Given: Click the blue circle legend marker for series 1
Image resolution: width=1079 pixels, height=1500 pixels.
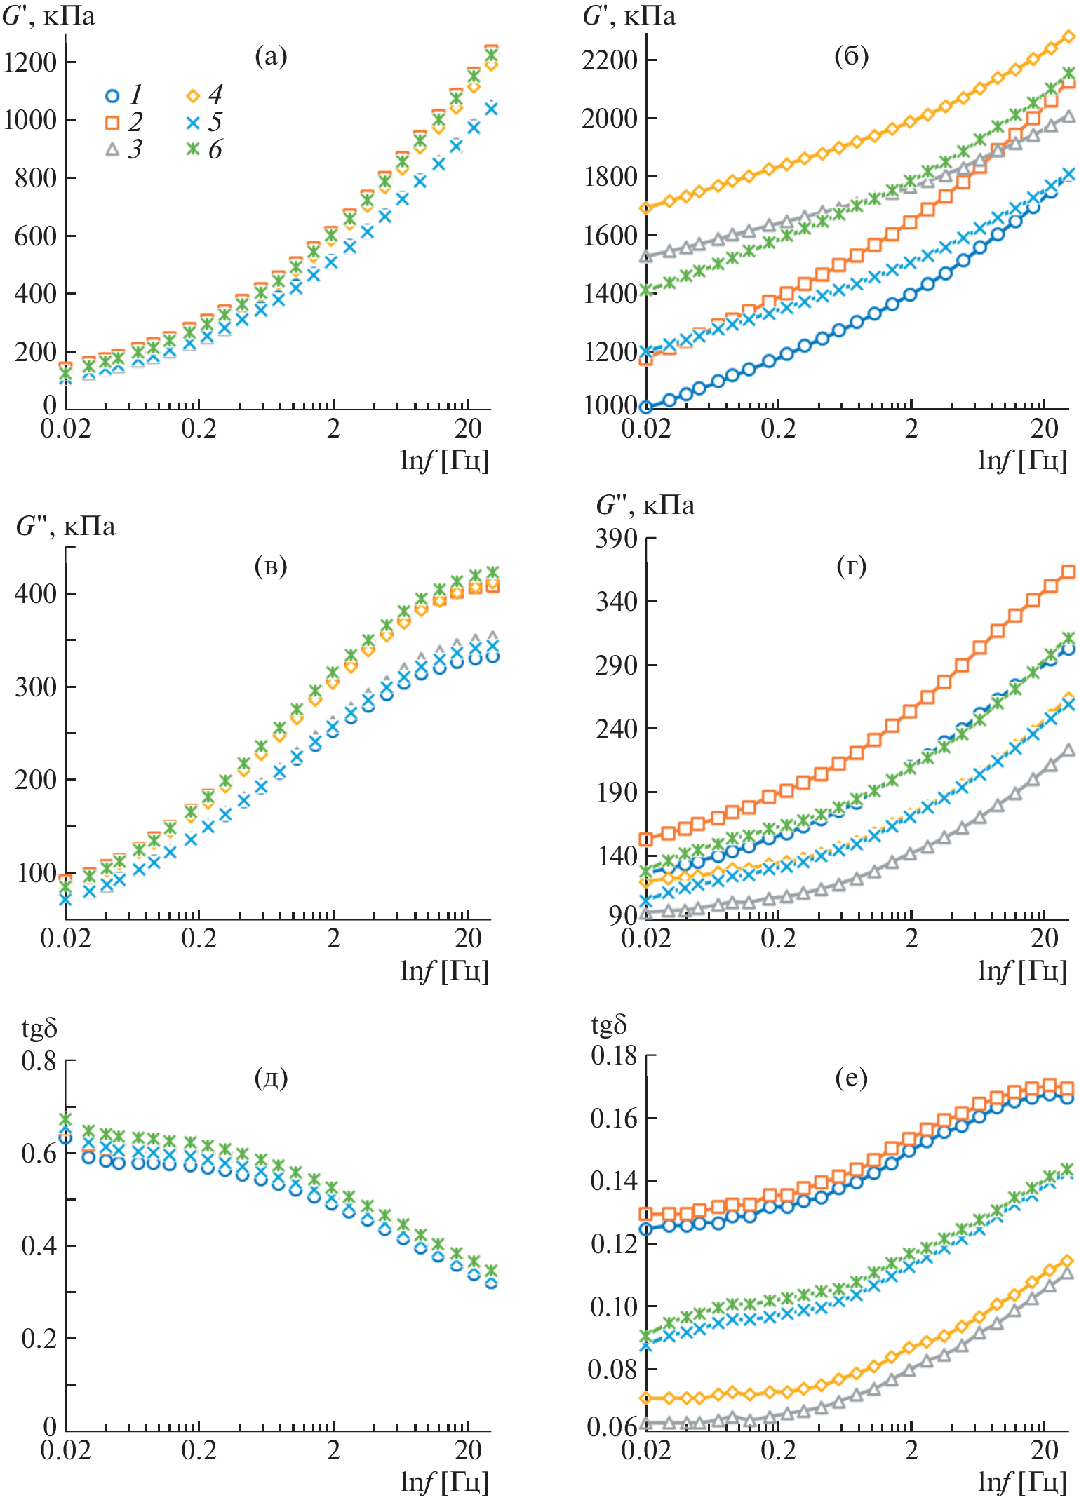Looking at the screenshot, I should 112,95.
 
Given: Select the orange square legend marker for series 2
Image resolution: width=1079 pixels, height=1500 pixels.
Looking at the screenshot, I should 112,123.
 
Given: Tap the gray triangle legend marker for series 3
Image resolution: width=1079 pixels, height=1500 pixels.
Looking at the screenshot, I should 112,149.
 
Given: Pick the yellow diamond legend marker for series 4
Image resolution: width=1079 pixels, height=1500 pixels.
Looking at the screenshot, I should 194,95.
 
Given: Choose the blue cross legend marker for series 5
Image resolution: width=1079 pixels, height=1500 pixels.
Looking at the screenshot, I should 194,123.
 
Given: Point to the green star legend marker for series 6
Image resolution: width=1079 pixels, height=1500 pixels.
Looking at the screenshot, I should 194,149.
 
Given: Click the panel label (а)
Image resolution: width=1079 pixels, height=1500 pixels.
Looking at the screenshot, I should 271,56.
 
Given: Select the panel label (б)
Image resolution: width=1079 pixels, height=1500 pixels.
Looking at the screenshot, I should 851,56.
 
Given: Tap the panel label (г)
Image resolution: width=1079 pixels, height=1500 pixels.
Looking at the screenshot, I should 851,565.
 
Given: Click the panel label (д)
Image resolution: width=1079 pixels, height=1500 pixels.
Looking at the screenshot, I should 271,1077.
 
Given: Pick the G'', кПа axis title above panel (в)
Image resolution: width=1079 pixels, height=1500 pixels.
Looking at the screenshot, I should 65,526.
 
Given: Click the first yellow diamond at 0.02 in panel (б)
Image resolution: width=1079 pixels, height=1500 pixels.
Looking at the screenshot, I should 646,208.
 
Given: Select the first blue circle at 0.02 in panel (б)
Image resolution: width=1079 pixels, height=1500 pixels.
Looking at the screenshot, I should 646,407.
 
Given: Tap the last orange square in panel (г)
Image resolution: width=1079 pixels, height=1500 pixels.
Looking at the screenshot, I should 1068,572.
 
